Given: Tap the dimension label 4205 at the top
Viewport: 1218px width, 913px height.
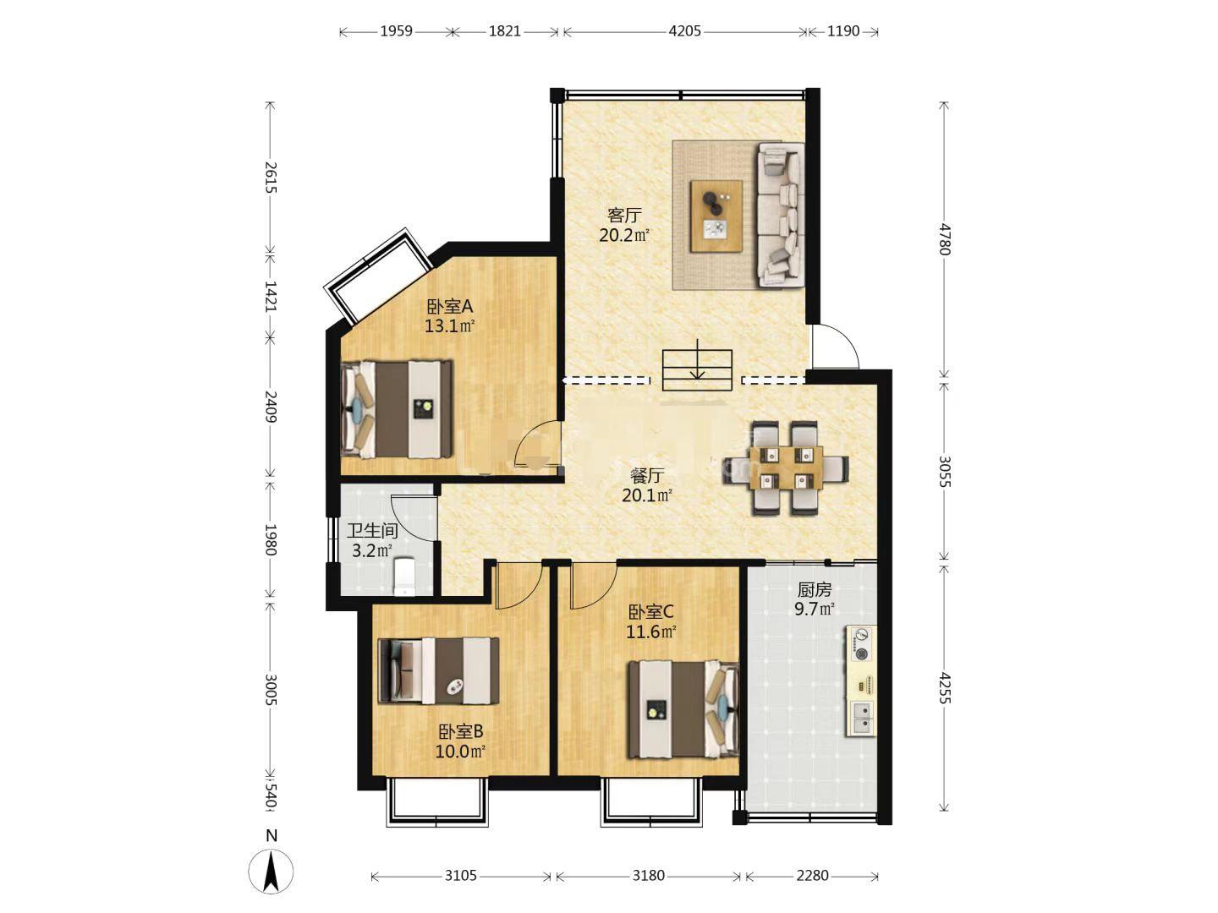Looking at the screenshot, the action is (684, 31).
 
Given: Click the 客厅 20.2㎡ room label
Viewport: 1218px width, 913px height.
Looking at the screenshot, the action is (624, 225).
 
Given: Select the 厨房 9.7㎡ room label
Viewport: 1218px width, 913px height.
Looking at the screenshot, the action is (814, 599).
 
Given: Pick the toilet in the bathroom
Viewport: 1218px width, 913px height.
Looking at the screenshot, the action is (404, 576).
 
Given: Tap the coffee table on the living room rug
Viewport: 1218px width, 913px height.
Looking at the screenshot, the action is (716, 216).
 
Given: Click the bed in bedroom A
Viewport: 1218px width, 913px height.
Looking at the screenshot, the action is (396, 409).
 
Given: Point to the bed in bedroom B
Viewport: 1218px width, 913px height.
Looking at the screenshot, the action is (438, 670).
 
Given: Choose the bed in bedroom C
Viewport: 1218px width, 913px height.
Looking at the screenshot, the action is (683, 709).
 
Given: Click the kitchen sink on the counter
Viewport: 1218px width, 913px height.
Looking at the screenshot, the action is (861, 718).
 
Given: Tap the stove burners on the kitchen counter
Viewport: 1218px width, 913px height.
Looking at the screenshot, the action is (861, 645).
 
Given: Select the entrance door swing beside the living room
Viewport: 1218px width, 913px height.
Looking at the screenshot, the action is (835, 347).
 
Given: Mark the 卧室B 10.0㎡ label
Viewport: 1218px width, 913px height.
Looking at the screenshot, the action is (461, 742).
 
